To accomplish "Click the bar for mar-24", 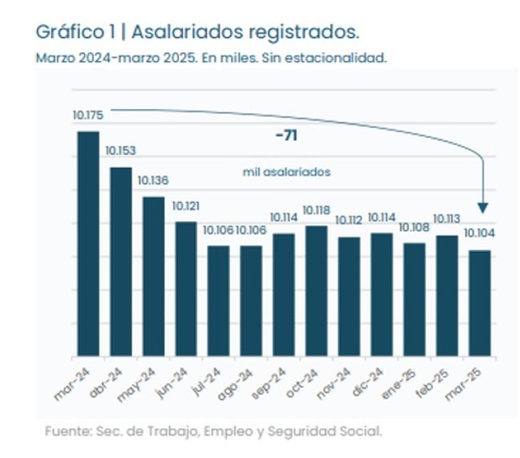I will point(88,243).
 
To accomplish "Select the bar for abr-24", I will point(120,262).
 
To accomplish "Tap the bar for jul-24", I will point(218,301).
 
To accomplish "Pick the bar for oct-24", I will point(315,290).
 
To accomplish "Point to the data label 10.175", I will point(86,114).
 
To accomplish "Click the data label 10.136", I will point(153,181).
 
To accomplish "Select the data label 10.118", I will point(316,209).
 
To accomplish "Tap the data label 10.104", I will point(479,233).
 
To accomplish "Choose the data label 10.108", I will point(413,227).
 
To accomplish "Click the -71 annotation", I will point(286,136).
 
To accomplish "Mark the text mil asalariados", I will point(287,172).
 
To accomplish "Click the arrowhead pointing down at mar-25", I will point(483,207).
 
